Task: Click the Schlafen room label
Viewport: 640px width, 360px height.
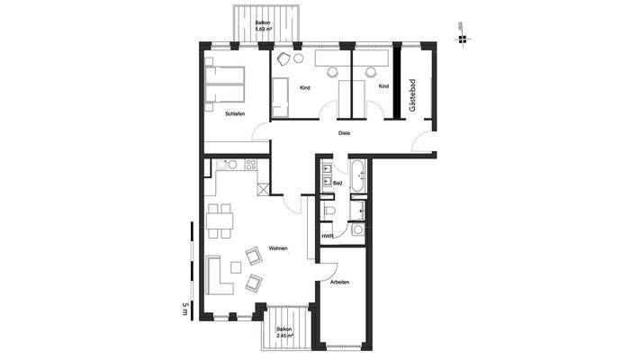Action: pos(235,113)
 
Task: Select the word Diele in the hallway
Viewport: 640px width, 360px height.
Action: pos(343,133)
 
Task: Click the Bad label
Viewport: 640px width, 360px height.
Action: pos(337,184)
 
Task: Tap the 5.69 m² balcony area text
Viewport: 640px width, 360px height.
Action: pos(264,30)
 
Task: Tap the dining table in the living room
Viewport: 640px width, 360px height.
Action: pos(219,219)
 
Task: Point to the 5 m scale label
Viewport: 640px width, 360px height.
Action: pos(185,307)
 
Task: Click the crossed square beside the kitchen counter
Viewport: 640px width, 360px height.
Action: pos(263,189)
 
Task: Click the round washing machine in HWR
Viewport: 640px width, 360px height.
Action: pos(358,230)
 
